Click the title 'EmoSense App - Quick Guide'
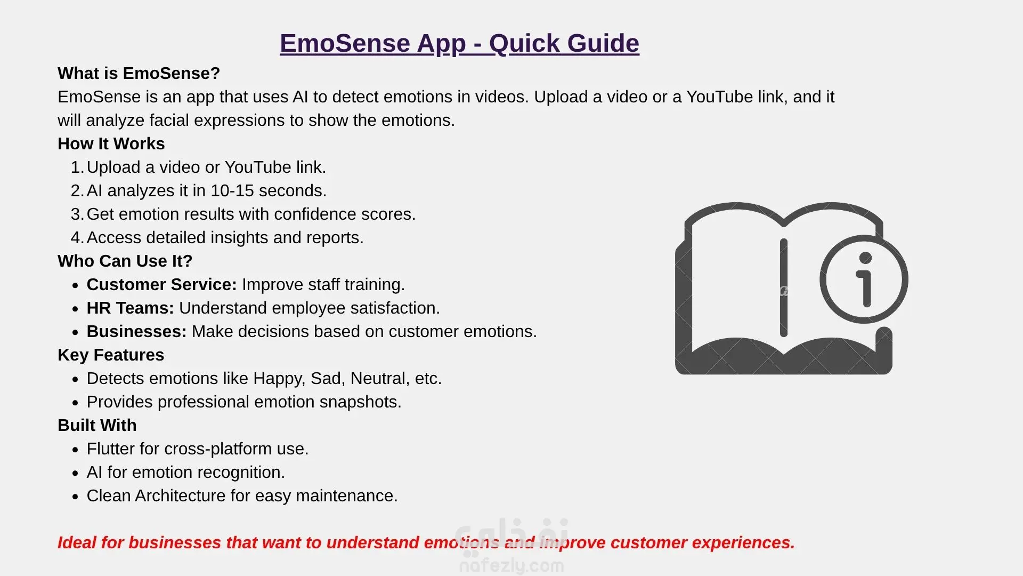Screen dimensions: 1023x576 tap(459, 44)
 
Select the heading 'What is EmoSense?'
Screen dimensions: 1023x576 tap(139, 73)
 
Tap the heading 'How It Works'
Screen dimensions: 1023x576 tap(111, 143)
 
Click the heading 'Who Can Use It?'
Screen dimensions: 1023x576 tap(125, 261)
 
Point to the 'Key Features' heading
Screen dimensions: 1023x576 tap(111, 355)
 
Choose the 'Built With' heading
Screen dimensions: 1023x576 tap(97, 425)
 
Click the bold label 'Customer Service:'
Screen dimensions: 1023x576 tap(161, 284)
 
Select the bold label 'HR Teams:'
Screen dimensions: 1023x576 tap(131, 308)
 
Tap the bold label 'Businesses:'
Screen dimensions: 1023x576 tap(137, 331)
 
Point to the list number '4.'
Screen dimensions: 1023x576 tap(77, 237)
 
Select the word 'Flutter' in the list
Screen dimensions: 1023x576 tap(111, 449)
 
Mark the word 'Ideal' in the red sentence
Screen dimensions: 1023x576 tap(77, 542)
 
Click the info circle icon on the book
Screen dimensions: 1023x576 tap(864, 279)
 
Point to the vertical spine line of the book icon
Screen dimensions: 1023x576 tap(783, 288)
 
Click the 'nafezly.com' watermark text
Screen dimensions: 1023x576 tap(511, 565)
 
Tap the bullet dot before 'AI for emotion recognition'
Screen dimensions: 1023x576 tap(75, 473)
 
